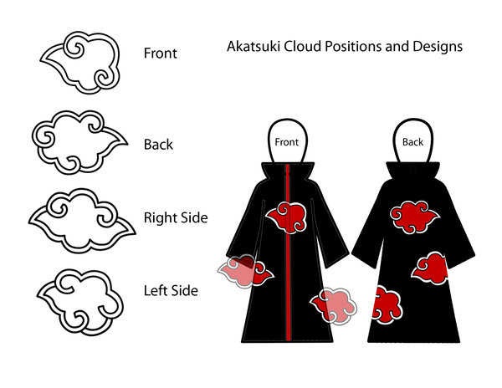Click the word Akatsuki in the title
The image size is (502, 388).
click(254, 46)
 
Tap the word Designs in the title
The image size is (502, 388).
click(438, 47)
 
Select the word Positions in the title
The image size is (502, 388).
click(353, 46)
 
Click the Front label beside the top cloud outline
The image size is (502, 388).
click(160, 53)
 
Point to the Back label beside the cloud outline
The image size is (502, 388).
click(158, 145)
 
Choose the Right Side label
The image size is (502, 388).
click(176, 217)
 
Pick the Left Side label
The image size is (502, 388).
click(171, 290)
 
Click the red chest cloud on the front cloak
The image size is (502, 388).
click(286, 217)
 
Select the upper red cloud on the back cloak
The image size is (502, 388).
click(414, 217)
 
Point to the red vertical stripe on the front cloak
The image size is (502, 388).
click(288, 253)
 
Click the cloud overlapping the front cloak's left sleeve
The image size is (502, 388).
click(245, 271)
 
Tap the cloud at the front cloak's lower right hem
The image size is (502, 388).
click(334, 306)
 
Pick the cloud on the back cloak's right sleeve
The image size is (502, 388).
click(430, 268)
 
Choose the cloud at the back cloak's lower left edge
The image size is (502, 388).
click(387, 306)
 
